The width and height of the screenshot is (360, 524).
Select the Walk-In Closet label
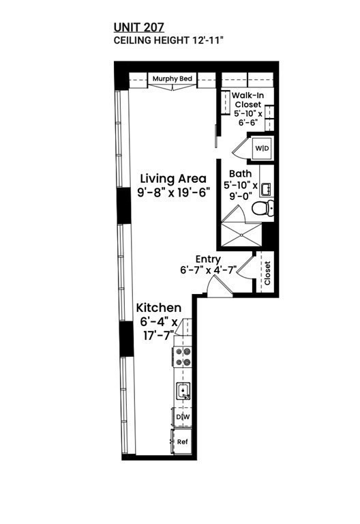click(247, 100)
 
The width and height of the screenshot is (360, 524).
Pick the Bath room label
click(240, 174)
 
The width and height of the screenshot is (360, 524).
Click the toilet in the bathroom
click(262, 208)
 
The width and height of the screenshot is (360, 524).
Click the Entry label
click(207, 259)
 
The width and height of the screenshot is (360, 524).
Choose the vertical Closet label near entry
click(267, 274)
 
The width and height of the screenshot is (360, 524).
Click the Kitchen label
click(159, 308)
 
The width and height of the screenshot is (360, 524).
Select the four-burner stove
click(183, 357)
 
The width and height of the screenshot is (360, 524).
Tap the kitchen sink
click(183, 392)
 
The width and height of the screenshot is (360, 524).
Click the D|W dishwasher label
click(182, 417)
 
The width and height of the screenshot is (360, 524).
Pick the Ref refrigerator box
click(181, 441)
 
